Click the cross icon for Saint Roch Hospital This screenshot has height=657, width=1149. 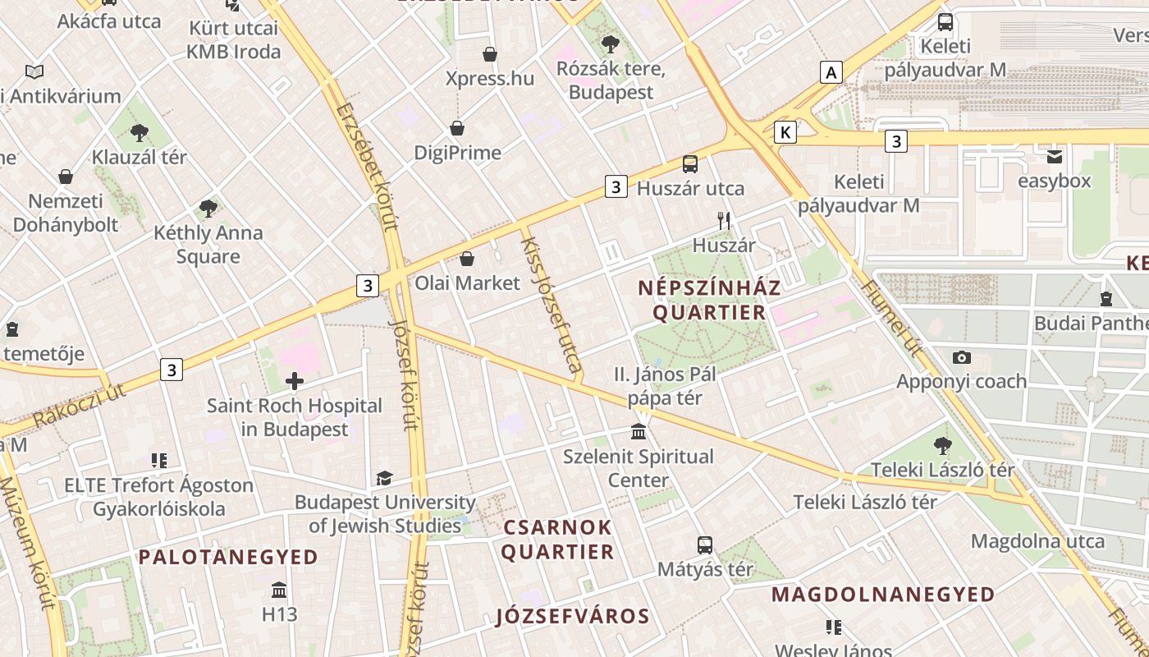pos(295,380)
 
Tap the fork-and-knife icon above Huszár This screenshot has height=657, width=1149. pos(724,220)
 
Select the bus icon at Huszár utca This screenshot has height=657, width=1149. pos(690,164)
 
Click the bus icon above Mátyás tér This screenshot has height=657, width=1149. pos(705,544)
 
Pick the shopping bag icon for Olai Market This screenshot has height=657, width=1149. pos(467,259)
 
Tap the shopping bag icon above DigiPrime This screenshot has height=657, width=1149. pos(457,128)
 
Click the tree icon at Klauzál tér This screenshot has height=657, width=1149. pos(140,132)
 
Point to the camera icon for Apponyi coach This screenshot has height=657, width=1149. pos(962,357)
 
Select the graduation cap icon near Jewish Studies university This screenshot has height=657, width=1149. pos(384,478)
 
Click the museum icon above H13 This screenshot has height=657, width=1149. pos(279,590)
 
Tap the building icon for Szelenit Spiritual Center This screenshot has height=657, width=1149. pos(639,431)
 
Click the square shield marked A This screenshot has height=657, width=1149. pos(831,72)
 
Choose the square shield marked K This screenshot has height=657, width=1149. pos(785,131)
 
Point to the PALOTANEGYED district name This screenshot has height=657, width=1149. pos(227,557)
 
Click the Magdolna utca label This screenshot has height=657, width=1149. pos(1037,541)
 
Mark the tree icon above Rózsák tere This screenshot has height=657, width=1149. pos(610,44)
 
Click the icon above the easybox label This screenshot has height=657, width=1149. pos(1054,156)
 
